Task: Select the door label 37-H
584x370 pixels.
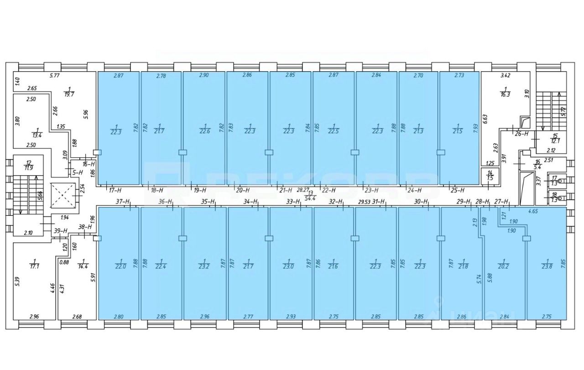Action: pyautogui.click(x=123, y=202)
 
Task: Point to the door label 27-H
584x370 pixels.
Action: pyautogui.click(x=501, y=202)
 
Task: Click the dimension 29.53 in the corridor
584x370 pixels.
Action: pyautogui.click(x=364, y=202)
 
